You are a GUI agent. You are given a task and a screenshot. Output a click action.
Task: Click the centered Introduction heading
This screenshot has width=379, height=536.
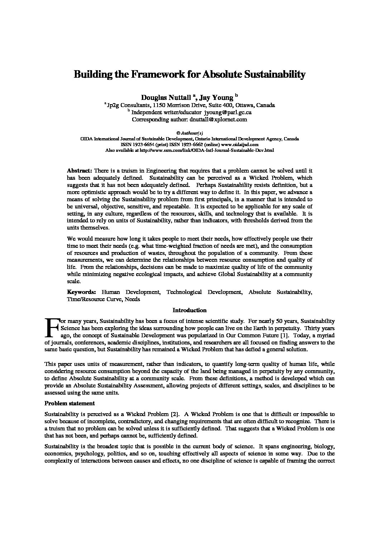(189, 310)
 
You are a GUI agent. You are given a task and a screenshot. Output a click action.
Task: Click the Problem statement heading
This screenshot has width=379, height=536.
(69, 403)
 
